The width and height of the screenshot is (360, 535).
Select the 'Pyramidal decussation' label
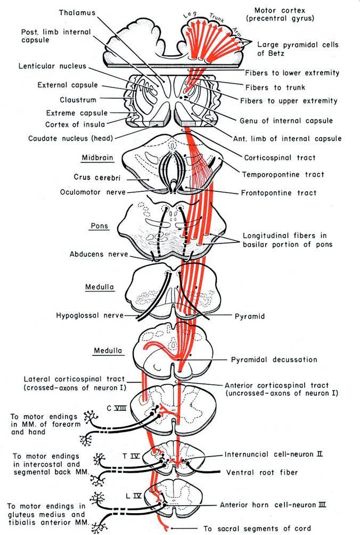273,360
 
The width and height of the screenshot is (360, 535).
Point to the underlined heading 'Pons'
99,226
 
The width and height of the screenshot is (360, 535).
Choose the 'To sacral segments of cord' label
269,529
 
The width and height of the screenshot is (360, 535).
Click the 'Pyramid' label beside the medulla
249,316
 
